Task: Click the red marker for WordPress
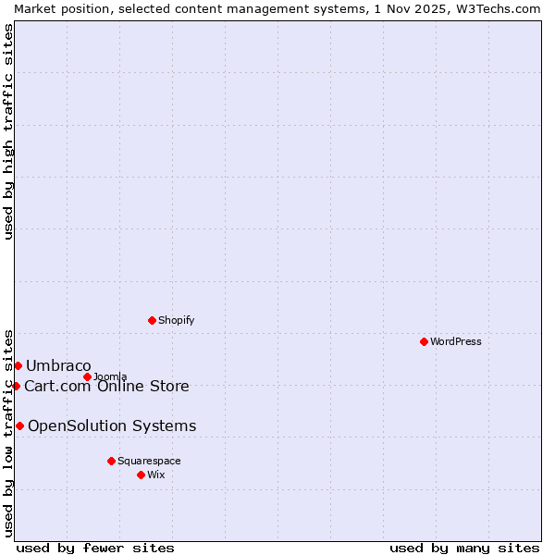(x=424, y=341)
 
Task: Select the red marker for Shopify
(x=152, y=320)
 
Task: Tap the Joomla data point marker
(x=87, y=376)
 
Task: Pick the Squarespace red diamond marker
(x=111, y=461)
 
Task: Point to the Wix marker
(x=141, y=475)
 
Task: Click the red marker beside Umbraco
(x=18, y=365)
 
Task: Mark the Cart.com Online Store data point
(x=16, y=386)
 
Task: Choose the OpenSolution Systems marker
(x=19, y=425)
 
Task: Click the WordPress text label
(x=456, y=341)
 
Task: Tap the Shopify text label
(x=176, y=320)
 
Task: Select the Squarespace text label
(x=149, y=461)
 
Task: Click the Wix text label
(x=156, y=475)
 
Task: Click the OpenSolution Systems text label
(x=112, y=425)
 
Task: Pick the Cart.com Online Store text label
(x=106, y=386)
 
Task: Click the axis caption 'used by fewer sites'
(x=95, y=548)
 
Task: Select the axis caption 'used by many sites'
(x=464, y=548)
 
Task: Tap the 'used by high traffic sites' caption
(x=8, y=131)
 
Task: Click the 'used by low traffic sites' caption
(x=8, y=432)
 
